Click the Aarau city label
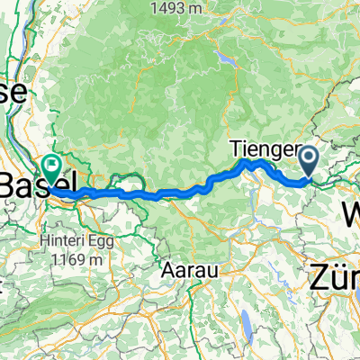click(191, 268)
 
